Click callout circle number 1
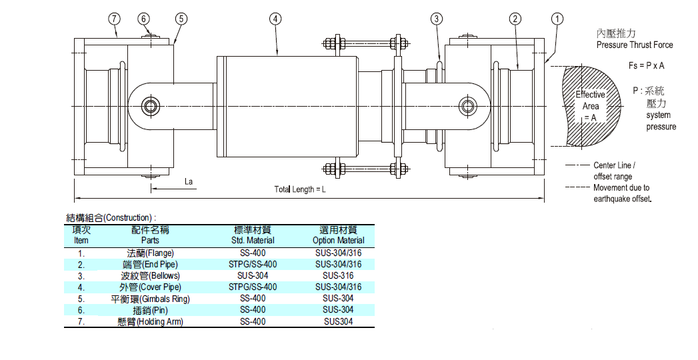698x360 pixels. click(557, 19)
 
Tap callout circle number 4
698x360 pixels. click(275, 19)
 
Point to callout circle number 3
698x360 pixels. click(436, 19)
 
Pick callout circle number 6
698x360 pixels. click(145, 19)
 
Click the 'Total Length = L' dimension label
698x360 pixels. click(300, 189)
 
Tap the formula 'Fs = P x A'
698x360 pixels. click(647, 66)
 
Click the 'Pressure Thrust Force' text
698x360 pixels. click(635, 45)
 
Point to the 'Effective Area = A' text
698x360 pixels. click(590, 106)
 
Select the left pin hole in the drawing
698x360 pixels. click(151, 105)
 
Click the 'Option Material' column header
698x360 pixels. click(339, 240)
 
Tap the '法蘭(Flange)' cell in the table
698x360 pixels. click(150, 253)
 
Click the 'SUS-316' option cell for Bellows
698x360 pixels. click(338, 275)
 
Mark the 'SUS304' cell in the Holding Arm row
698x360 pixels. click(338, 321)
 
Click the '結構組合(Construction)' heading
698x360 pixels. click(111, 217)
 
